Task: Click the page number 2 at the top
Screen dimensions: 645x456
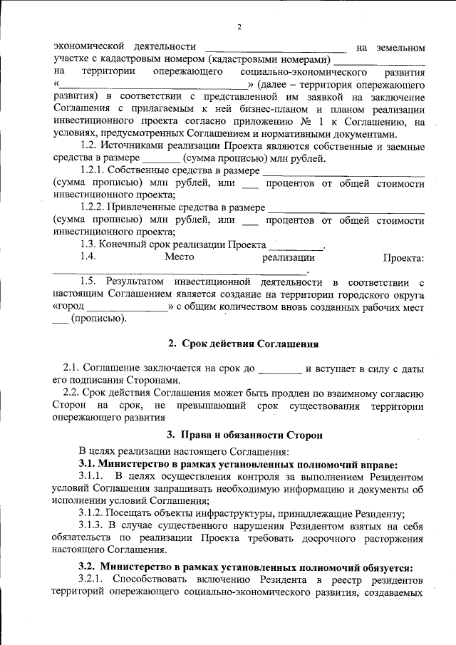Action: (239, 28)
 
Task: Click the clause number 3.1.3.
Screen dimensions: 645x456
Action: (92, 525)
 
